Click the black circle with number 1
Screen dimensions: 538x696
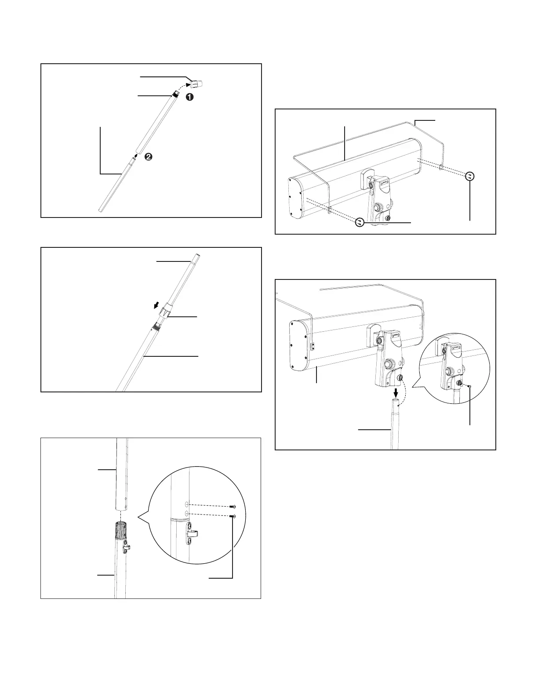[x=189, y=98]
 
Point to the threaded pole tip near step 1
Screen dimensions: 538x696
[x=176, y=94]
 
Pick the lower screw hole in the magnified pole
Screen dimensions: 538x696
[x=186, y=513]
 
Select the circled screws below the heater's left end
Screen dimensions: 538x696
[x=360, y=223]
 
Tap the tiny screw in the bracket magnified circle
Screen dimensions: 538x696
[x=470, y=386]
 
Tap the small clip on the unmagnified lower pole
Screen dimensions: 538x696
[x=127, y=547]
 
